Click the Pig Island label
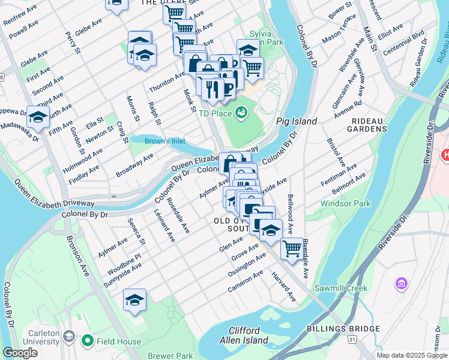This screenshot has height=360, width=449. [296, 121]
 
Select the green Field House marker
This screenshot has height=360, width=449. [88, 341]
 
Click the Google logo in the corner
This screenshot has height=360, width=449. [20, 353]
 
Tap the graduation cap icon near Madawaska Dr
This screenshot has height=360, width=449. [38, 116]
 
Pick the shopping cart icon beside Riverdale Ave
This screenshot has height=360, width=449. [292, 247]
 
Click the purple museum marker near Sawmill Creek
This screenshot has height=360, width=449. [401, 282]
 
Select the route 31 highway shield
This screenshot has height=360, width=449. [354, 340]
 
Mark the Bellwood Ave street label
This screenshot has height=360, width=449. [291, 214]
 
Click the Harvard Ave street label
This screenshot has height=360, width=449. [283, 287]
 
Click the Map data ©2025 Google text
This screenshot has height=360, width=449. [411, 355]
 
